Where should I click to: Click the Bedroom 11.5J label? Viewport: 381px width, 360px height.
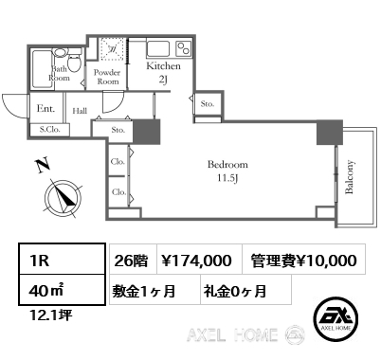click(x=227, y=171)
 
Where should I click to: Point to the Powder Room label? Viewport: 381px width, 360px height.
click(x=107, y=77)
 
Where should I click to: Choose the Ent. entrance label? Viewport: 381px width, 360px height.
click(x=45, y=109)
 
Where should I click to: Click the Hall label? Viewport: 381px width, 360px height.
click(x=80, y=111)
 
